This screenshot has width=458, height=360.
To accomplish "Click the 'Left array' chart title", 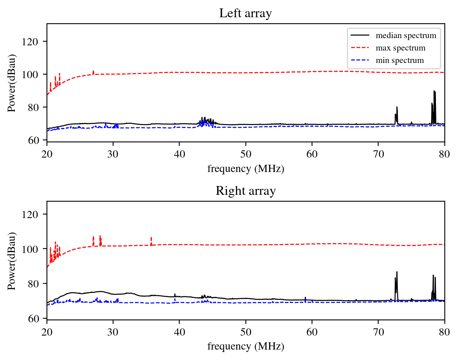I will pos(245,14).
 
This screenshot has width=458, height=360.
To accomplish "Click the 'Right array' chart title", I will pos(245,191).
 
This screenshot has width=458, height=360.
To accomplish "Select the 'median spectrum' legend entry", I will pos(405,36).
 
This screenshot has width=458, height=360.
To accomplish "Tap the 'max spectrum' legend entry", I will pos(400,48).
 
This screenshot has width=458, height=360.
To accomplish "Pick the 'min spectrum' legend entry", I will pos(399,61).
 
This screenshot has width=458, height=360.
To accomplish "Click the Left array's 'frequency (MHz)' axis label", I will pos(245,169).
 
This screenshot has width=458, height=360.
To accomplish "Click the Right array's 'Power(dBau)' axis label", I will pos(12,261).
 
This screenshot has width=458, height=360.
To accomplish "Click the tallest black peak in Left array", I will pos(434,91).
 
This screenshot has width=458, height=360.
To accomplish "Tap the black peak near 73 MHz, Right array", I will pos(397,273).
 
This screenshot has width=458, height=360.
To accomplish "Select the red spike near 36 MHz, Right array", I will pos(151,238).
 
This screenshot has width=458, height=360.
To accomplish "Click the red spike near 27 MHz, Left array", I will pos(93,72).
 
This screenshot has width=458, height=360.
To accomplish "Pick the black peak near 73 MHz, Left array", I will pos(397,107).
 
